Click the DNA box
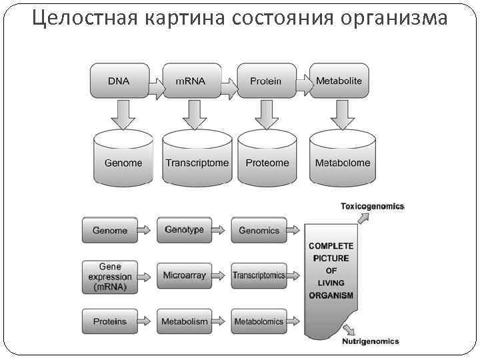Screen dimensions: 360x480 coord(119,81)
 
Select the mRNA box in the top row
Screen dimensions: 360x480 coord(191,81)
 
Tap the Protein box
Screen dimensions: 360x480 coord(265,81)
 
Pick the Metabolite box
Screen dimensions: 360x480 coord(339,81)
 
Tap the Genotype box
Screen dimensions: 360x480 coord(185,230)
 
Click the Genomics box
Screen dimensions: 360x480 coord(259,230)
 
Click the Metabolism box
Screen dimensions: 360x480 coord(185,321)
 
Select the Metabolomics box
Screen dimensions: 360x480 coord(259,321)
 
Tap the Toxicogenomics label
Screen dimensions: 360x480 coord(373,207)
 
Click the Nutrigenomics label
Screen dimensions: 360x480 coord(371,341)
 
